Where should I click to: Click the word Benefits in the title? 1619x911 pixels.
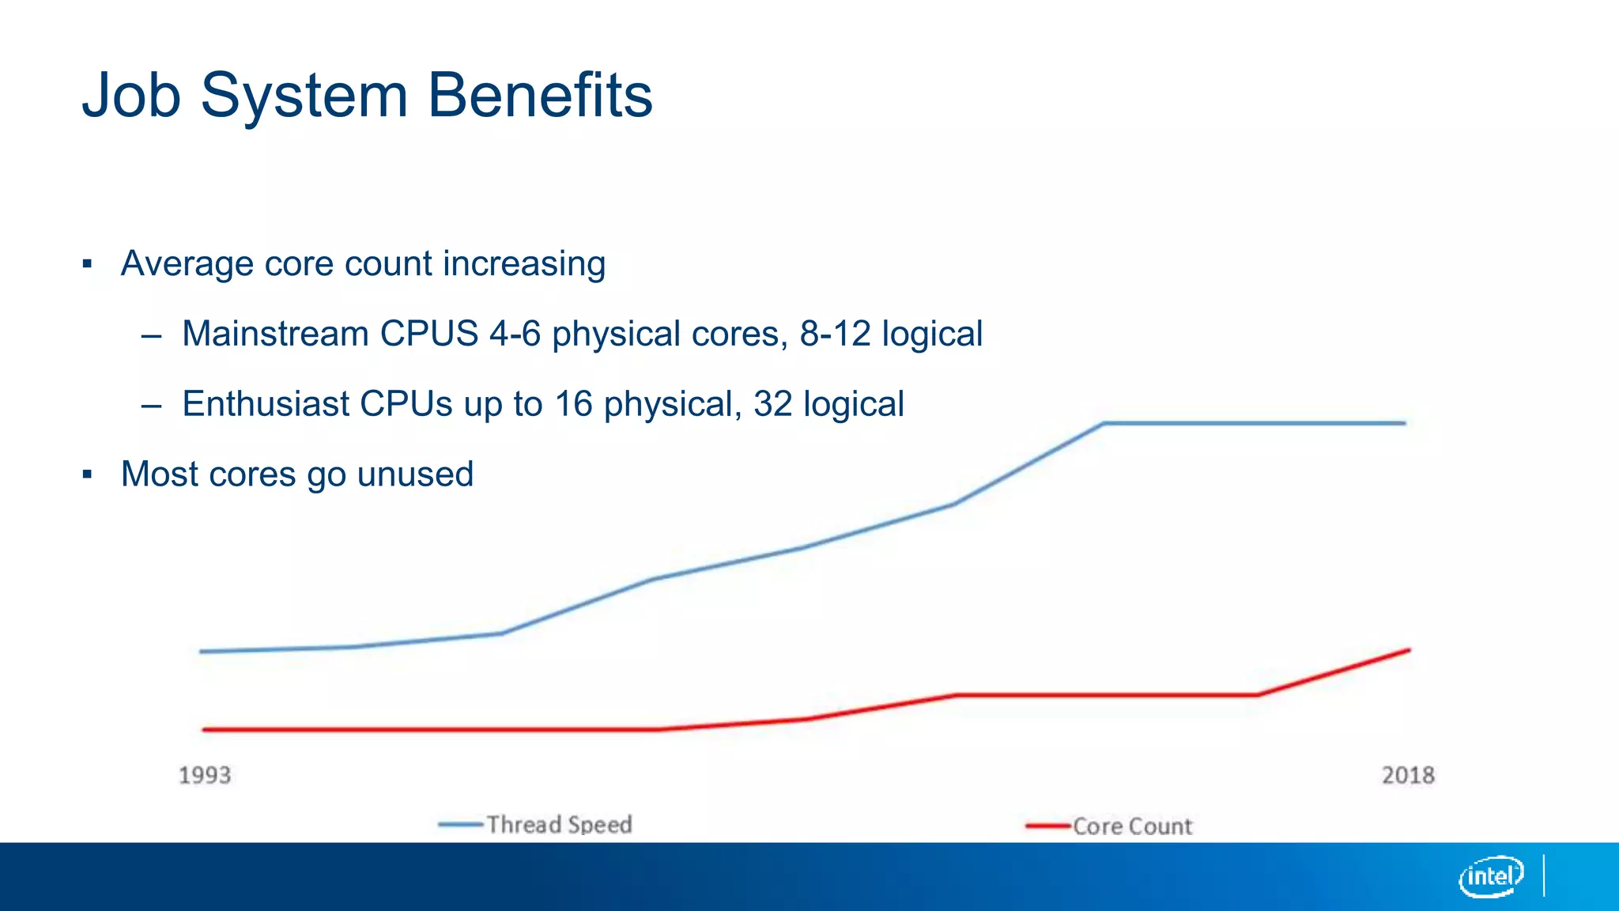(540, 95)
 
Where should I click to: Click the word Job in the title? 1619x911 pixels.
(131, 95)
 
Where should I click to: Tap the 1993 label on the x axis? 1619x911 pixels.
(205, 775)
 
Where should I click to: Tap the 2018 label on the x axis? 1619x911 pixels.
(1408, 775)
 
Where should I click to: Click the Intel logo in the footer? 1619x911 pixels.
(1490, 876)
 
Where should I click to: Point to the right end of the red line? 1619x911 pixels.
(1409, 650)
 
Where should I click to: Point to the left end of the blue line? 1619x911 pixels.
(202, 652)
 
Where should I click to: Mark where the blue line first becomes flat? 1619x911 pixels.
(1104, 423)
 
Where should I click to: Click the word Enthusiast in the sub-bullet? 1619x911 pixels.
(266, 404)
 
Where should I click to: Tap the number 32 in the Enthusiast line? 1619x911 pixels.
(772, 404)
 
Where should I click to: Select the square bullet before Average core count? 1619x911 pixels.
(87, 264)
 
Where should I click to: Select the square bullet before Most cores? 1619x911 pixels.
(87, 474)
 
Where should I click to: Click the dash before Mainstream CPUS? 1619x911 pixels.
(151, 335)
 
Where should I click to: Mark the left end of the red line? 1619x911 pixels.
(205, 729)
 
